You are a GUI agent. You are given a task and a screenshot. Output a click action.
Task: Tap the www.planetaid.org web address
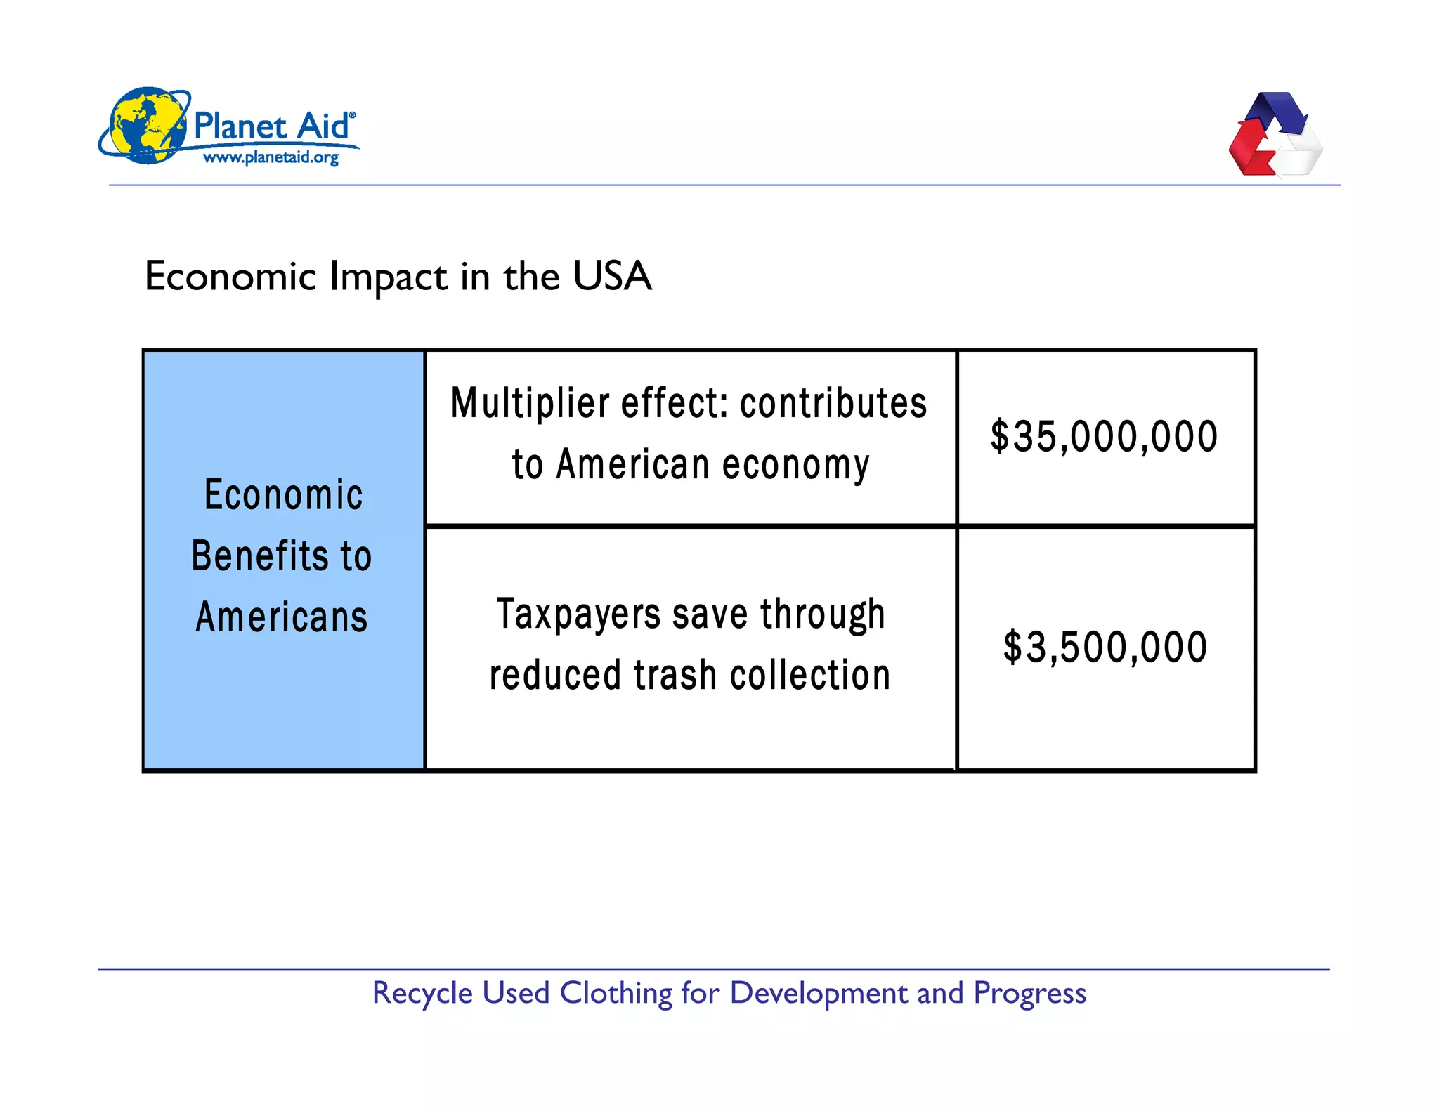[x=271, y=157]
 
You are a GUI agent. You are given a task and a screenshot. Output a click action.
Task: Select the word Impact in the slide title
[x=388, y=276]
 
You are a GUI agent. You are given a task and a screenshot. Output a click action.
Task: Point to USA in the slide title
[x=612, y=275]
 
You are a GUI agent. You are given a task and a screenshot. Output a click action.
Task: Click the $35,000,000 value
[x=1104, y=437]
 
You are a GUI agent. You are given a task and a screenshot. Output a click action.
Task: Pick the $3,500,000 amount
[x=1105, y=647]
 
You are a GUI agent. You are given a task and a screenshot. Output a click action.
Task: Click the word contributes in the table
[x=833, y=403]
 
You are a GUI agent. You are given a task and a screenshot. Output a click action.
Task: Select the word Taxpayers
[x=578, y=614]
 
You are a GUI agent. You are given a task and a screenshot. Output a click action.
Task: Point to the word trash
[x=675, y=675]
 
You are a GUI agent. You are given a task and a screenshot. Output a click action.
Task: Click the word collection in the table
[x=810, y=675]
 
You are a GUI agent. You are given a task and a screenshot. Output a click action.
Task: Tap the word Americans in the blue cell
[x=282, y=617]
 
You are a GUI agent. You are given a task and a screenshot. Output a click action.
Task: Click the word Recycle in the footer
[x=422, y=993]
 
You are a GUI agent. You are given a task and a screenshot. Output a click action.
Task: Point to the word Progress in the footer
[x=1029, y=993]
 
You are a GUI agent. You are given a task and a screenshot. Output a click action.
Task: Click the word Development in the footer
[x=819, y=993]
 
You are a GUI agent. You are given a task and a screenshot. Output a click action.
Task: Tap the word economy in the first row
[x=796, y=465]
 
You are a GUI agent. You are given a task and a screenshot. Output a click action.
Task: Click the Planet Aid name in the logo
[x=271, y=126]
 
